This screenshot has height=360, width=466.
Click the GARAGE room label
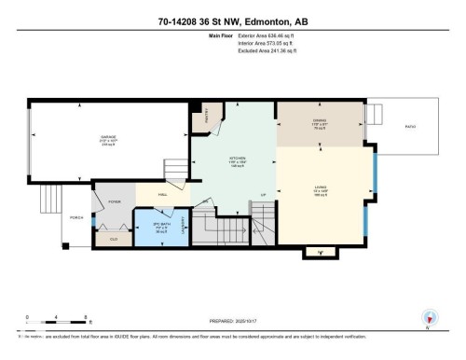point(108,138)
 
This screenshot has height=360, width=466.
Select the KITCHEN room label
point(238,159)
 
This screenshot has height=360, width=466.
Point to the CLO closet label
point(114,239)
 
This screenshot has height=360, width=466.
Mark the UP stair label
point(264,194)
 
